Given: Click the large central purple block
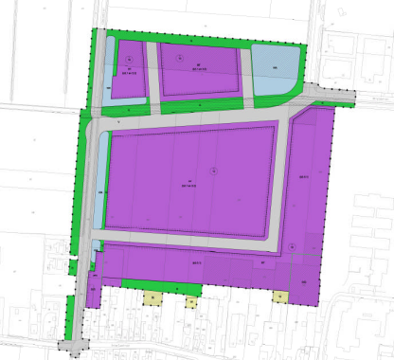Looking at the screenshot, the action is (189, 180).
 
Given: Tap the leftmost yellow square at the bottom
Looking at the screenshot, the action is (151, 297).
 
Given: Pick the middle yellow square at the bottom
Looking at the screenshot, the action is (191, 302).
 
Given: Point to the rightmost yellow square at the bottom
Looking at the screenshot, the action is (280, 297).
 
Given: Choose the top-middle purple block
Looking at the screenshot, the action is (199, 68).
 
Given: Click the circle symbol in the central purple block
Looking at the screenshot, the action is (214, 170).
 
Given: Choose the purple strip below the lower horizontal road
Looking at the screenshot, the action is (189, 262).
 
